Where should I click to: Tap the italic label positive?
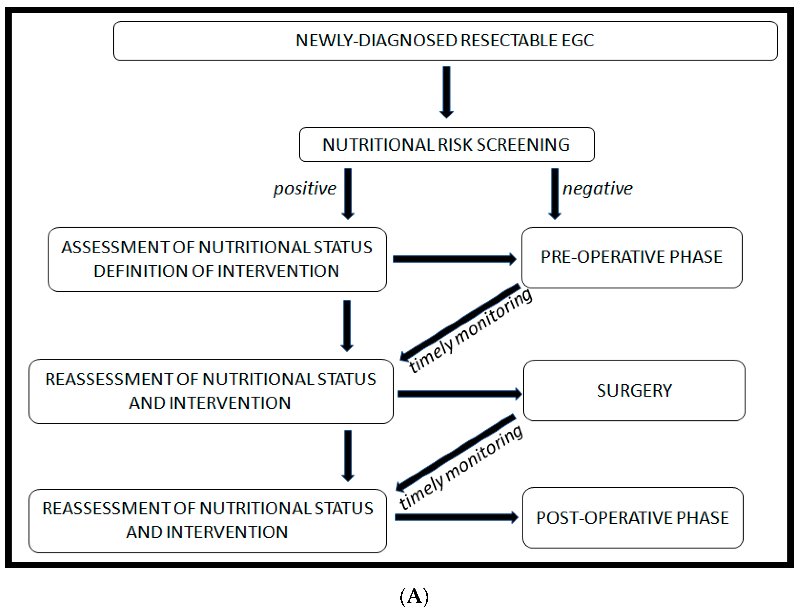point(305,189)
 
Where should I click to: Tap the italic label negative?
point(597,189)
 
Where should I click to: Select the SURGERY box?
point(634,390)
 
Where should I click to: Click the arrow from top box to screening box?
point(446,91)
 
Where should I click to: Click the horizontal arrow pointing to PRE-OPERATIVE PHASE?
point(453,259)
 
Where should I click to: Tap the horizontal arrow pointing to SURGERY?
point(459,394)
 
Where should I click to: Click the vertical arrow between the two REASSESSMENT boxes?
point(348,455)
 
